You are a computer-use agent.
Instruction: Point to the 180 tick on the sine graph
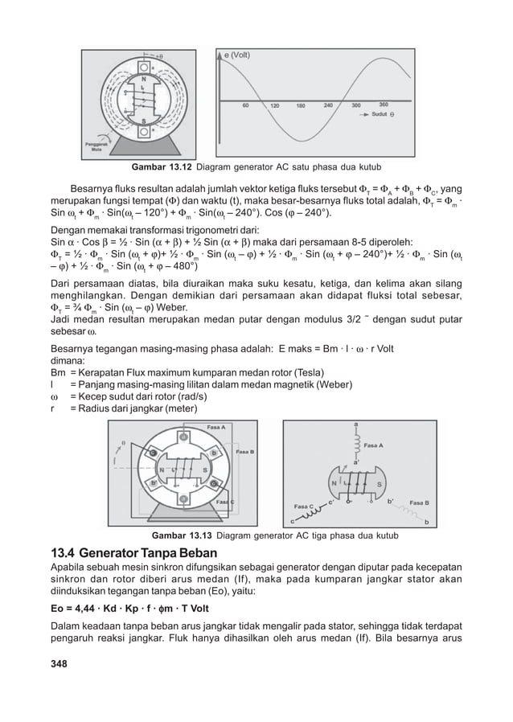click(301, 105)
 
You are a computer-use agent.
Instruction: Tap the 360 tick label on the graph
click(383, 105)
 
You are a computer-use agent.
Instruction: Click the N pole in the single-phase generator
click(144, 80)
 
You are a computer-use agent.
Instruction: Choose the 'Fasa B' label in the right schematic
click(425, 503)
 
